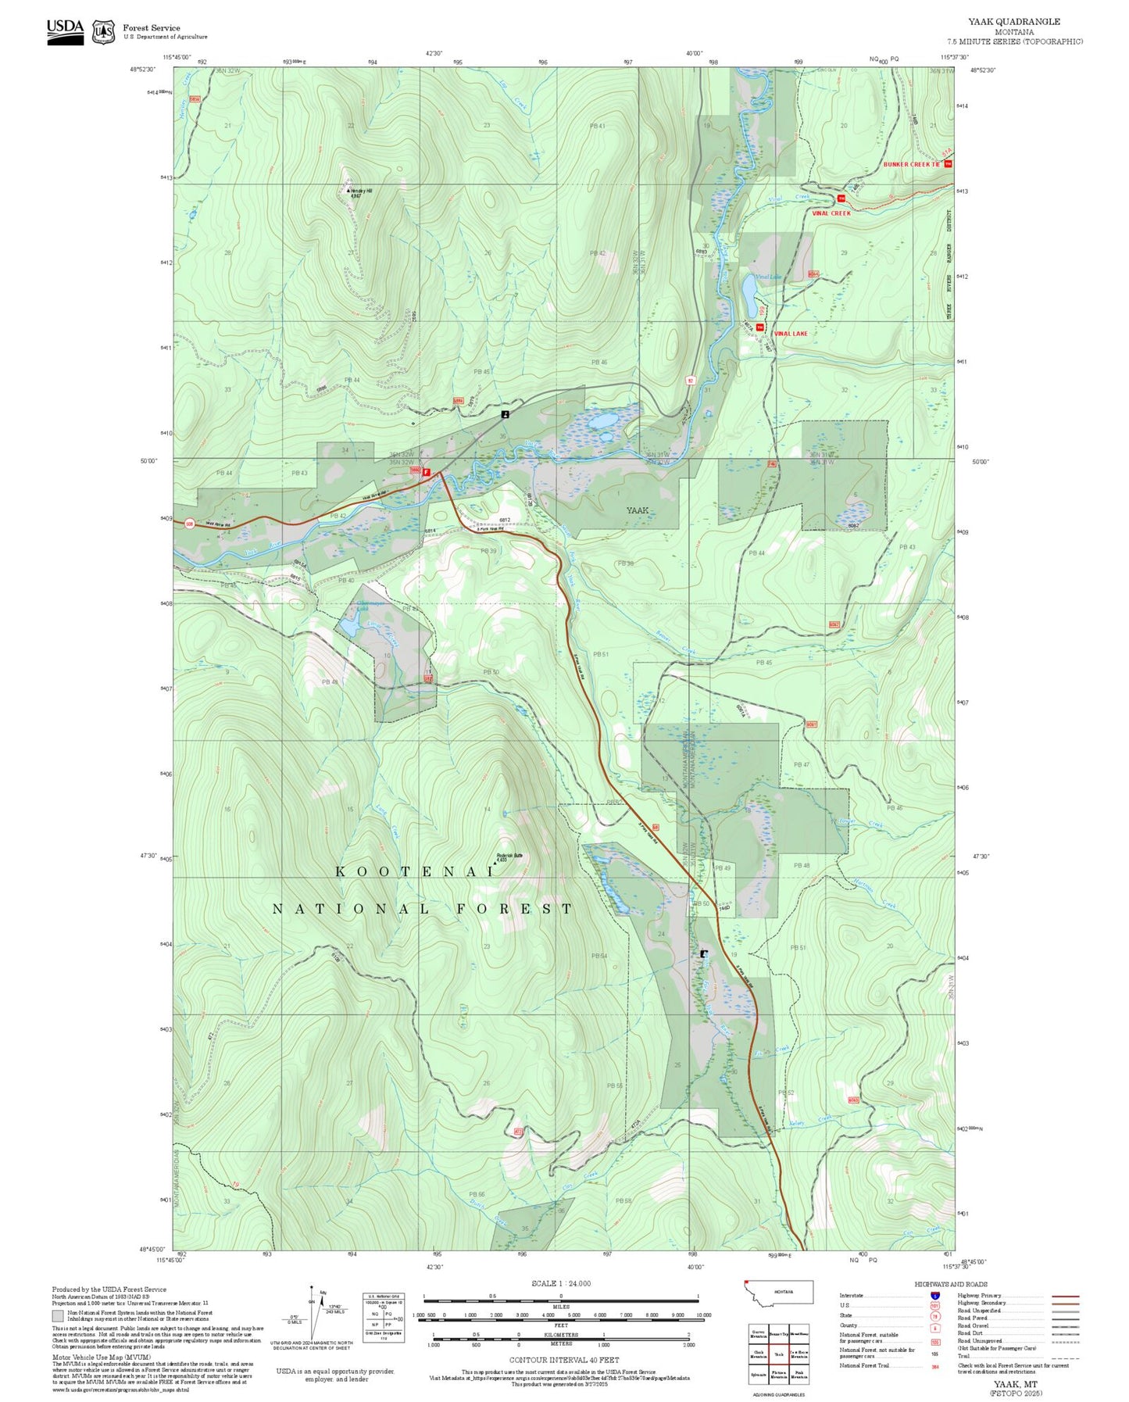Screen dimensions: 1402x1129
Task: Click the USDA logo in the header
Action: pos(65,30)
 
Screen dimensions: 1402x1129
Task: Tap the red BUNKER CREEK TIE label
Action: pos(911,165)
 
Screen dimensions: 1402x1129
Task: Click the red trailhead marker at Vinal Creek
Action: pos(841,198)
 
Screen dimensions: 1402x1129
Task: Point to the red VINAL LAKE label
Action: pos(790,334)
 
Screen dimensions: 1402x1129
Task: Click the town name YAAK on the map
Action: pos(638,510)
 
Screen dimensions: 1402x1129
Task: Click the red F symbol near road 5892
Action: pos(426,472)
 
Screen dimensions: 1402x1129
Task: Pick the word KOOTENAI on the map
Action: pos(415,871)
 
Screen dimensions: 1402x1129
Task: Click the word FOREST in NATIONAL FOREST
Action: pos(515,909)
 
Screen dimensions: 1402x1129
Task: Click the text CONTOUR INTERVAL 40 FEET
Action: pos(563,1361)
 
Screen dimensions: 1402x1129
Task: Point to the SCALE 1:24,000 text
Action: pos(560,1283)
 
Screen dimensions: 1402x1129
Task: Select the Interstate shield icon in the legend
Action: pos(934,1296)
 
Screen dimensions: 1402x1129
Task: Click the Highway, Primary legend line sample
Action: pos(1065,1296)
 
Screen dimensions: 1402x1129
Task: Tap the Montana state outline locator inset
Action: pos(779,1292)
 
